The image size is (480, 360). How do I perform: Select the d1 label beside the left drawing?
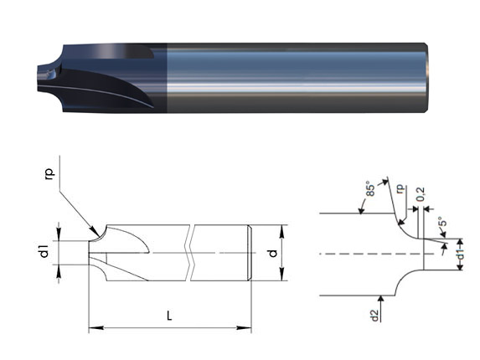pos(44,249)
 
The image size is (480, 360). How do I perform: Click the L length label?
pos(170,316)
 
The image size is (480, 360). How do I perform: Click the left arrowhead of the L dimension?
pos(93,327)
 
